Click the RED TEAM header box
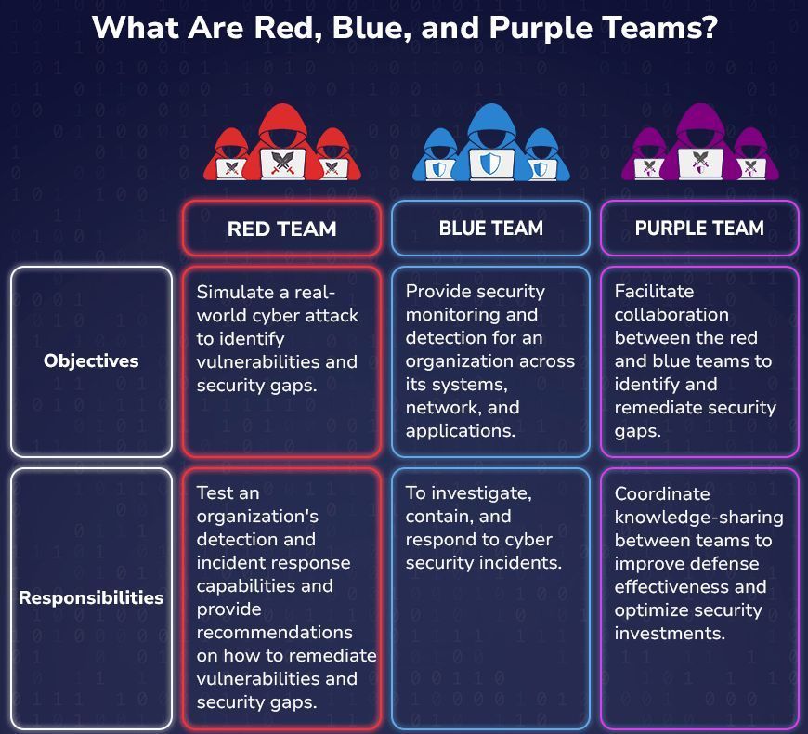(282, 229)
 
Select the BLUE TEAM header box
(490, 229)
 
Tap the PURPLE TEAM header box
(699, 229)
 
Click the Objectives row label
(91, 360)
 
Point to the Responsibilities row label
(91, 598)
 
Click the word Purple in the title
(541, 29)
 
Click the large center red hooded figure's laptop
(282, 164)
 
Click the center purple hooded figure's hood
(699, 125)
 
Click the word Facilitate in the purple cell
(654, 291)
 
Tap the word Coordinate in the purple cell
(662, 493)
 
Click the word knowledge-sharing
(698, 518)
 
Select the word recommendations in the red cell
(275, 633)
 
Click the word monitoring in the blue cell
(472, 315)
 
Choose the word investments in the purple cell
(670, 633)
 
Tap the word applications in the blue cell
(460, 431)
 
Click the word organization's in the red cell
(257, 517)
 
